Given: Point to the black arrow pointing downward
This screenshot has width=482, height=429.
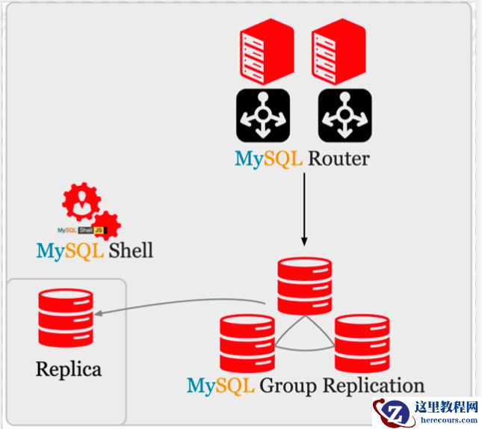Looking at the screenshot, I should click(x=304, y=210).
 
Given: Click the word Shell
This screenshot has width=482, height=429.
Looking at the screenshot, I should click(x=130, y=250).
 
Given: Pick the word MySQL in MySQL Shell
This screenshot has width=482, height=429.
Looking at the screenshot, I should click(x=69, y=250).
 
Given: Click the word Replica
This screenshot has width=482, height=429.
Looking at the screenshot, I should click(x=68, y=368).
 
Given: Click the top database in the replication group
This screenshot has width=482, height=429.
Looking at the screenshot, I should click(x=303, y=285).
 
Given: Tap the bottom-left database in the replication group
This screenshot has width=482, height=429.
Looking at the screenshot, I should click(x=247, y=343).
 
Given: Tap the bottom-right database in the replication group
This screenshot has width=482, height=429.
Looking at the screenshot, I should click(x=362, y=343).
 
